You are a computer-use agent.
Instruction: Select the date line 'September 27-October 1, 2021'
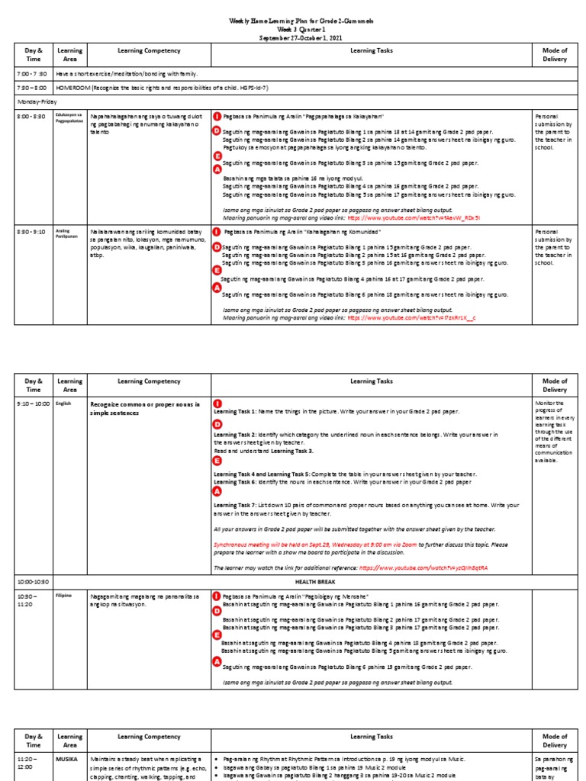click(x=293, y=37)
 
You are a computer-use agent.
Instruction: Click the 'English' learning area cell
click(x=63, y=403)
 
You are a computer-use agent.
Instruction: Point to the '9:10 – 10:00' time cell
click(x=33, y=403)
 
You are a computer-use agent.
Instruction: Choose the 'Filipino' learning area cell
click(x=64, y=593)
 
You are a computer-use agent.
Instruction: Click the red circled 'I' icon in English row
click(x=217, y=403)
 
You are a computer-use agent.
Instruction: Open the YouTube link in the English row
click(x=423, y=568)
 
